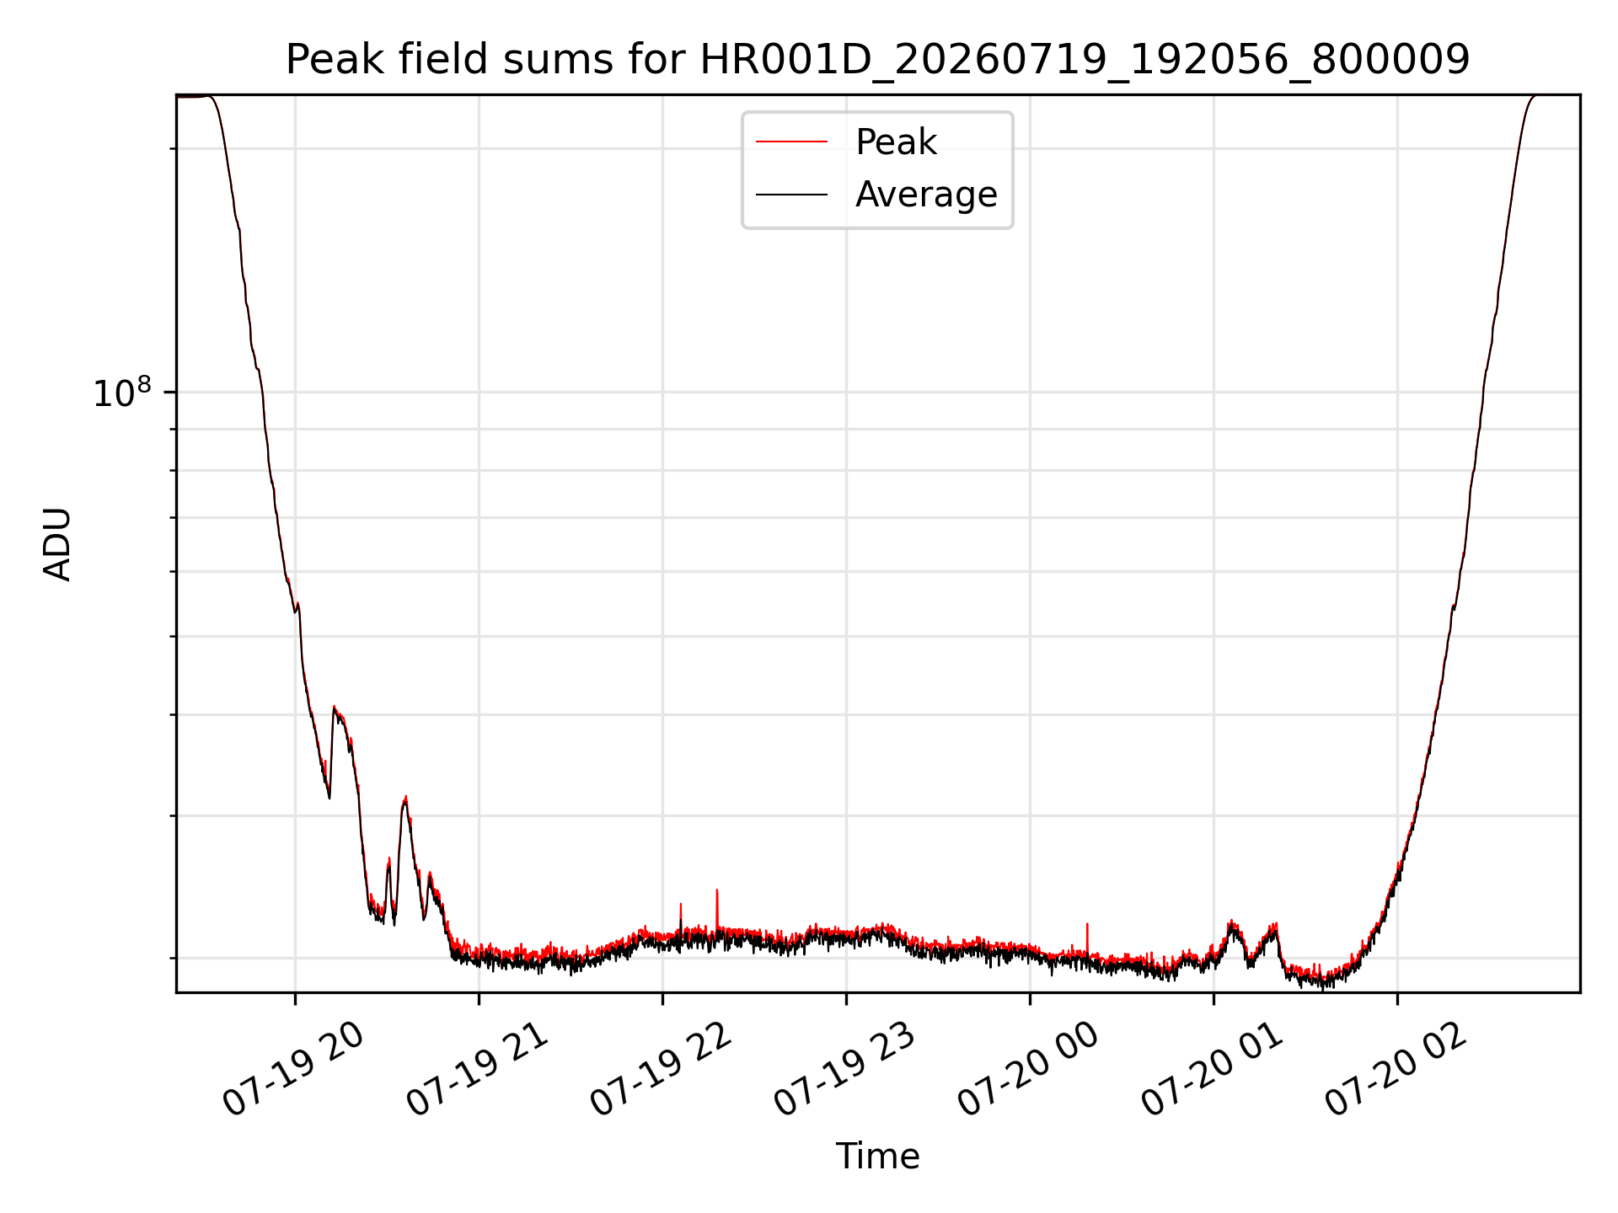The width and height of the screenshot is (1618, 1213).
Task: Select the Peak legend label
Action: [896, 142]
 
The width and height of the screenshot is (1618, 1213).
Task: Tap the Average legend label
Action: [926, 195]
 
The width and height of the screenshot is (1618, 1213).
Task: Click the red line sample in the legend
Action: [791, 142]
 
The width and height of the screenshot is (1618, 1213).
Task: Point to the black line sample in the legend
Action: [791, 195]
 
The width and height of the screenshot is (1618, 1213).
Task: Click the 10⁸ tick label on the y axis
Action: [122, 393]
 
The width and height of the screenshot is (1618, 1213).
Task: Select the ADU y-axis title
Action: [57, 544]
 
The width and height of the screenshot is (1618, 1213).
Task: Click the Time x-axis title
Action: [877, 1157]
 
